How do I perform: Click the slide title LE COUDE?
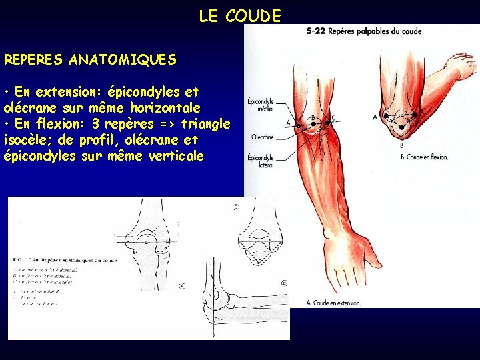point(240,17)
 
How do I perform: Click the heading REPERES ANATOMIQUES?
point(90,60)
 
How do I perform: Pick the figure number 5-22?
point(316,31)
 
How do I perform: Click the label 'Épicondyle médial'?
point(260,105)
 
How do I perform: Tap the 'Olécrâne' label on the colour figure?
point(262,137)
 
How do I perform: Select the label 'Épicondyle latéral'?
point(260,161)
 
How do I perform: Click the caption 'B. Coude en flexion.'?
point(425,157)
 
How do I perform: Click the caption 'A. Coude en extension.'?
point(333,303)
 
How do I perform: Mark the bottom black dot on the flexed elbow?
point(403,136)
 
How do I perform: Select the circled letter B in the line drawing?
point(235,207)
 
